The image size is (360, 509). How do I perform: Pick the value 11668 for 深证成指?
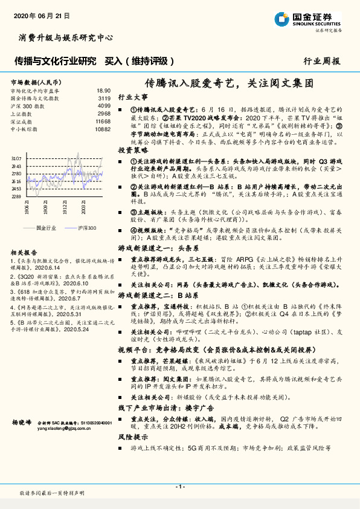[103, 121]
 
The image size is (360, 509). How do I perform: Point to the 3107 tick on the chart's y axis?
[16, 158]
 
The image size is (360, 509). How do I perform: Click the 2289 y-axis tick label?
[16, 196]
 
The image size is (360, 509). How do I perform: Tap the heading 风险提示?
[132, 436]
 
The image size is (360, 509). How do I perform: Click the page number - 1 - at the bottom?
[179, 487]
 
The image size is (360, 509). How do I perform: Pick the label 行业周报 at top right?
[322, 61]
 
